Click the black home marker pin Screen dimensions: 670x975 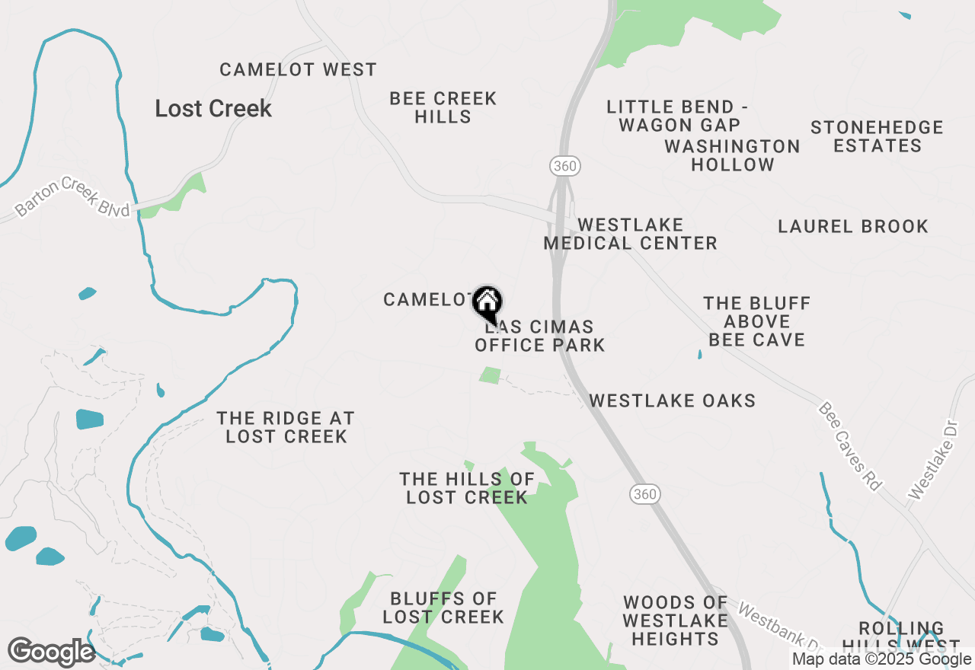coord(487,303)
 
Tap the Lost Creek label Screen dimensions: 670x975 coord(213,108)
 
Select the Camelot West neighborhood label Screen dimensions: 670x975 coord(298,70)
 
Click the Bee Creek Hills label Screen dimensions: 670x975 coord(443,107)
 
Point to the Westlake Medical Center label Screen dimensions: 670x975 coord(630,234)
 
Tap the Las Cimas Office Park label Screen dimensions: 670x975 coord(540,336)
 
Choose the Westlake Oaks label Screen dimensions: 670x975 coord(672,400)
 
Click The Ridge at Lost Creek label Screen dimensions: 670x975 coord(286,427)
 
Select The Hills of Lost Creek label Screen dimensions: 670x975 coord(467,488)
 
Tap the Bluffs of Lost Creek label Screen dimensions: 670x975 coord(443,608)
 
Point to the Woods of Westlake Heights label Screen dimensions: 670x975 coord(675,621)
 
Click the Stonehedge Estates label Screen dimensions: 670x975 coord(877,136)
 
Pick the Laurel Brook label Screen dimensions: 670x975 coord(853,226)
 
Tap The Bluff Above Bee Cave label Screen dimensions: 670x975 coord(757,321)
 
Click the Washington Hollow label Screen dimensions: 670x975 coord(732,155)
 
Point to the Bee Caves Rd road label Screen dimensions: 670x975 coord(849,446)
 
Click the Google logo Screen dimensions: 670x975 coord(52,652)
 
